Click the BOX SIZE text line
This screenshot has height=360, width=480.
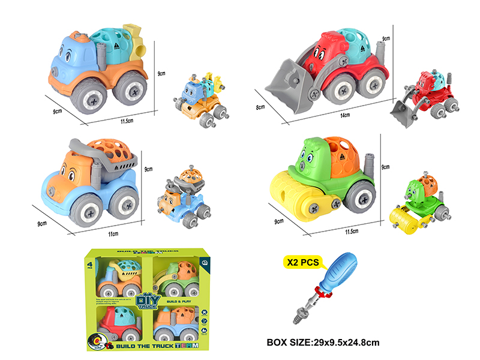[323, 343]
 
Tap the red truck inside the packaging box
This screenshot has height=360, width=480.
[118, 323]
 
